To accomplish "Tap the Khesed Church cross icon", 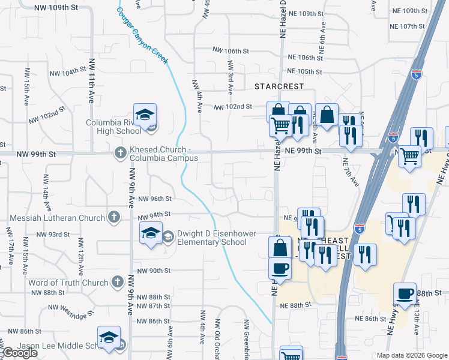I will tap(120, 153).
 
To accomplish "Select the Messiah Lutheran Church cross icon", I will tap(114, 217).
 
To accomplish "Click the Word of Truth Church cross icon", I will tap(118, 282).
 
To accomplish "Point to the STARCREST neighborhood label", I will tap(279, 86).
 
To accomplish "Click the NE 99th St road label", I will tap(303, 152).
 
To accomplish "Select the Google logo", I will tap(20, 353).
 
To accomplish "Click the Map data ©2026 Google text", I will tap(412, 355).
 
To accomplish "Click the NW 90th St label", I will tap(154, 271).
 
